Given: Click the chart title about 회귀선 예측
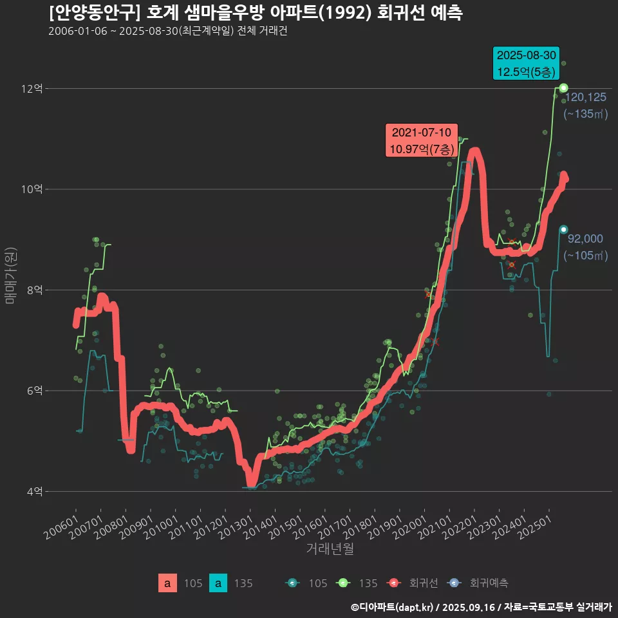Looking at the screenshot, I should (x=255, y=13).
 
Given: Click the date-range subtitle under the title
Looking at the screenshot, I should (x=167, y=31).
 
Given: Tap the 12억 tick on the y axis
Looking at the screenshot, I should (x=32, y=89).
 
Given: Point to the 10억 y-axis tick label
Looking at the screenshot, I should (x=32, y=189).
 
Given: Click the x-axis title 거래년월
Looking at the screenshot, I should (x=330, y=549).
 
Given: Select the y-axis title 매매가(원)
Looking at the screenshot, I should (x=11, y=276).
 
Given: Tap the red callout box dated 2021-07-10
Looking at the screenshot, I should (x=421, y=140).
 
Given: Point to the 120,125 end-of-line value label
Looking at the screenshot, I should (x=585, y=98).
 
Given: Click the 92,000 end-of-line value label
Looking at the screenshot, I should (x=585, y=239).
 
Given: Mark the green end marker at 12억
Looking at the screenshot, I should (x=563, y=88).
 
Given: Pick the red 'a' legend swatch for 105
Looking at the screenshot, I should (x=167, y=583).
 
